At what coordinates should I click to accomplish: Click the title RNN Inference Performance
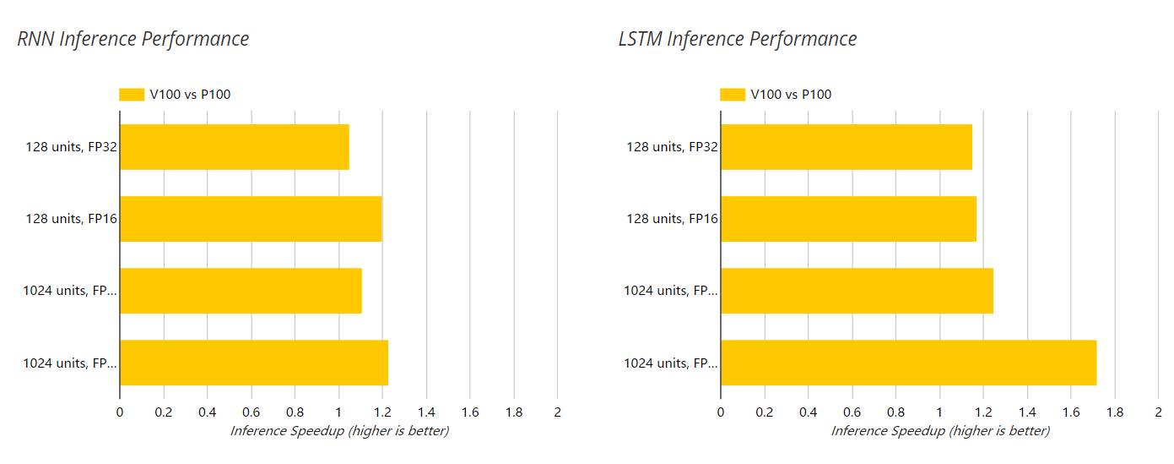coord(133,39)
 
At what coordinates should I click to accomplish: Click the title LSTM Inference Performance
coord(738,39)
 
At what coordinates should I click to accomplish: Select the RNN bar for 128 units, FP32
coord(234,147)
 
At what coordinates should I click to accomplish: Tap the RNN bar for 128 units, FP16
coord(251,219)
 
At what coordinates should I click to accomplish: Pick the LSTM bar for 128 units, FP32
coord(846,147)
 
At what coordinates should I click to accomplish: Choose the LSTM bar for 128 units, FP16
coord(848,219)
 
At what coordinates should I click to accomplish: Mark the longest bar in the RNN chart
coord(253,363)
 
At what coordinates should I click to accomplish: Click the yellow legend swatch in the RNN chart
coord(132,95)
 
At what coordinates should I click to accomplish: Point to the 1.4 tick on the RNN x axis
coord(426,412)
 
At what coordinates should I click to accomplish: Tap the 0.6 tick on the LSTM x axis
coord(852,412)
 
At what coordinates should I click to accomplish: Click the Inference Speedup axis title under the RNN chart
coord(339,431)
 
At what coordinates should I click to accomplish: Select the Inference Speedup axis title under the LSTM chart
coord(940,431)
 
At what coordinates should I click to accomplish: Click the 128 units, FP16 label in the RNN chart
coord(71,219)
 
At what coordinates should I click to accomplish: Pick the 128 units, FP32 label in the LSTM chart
coord(672,147)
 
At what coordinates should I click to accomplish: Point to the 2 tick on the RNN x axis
coord(557,412)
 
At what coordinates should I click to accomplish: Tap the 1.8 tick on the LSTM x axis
coord(1115,412)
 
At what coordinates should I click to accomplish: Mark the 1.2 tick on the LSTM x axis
coord(983,412)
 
